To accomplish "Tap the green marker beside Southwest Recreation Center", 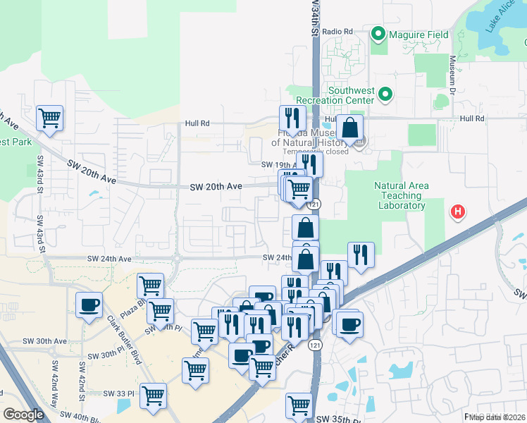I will pos(385,94).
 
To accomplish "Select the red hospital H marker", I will pos(458,211).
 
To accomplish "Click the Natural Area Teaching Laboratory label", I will pos(400,196).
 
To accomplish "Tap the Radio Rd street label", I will pos(338,32).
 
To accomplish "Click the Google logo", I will pos(24,415).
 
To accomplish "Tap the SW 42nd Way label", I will pos(55,380).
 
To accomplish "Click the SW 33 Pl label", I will pos(118,393).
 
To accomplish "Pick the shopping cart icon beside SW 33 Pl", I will pos(153,396).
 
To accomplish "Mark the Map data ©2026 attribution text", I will pos(497,417).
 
